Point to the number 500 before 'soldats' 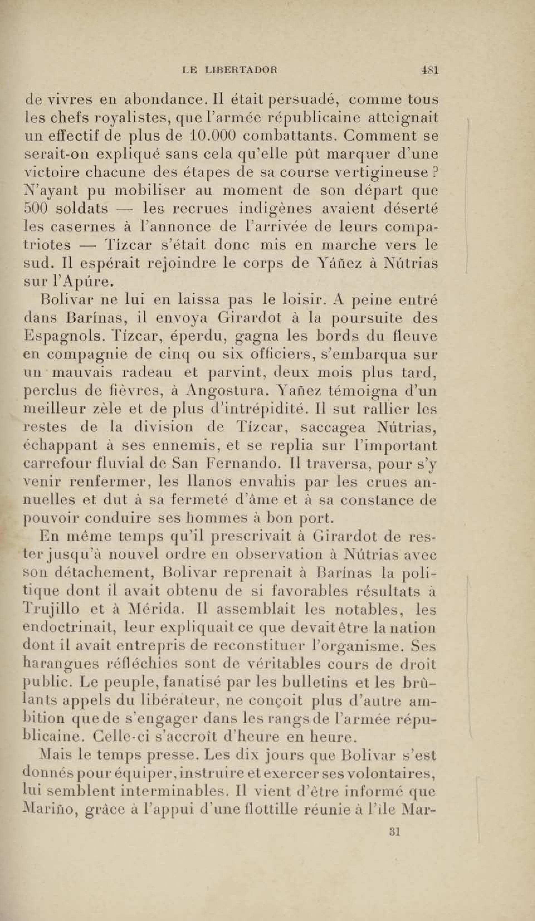click(34, 209)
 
